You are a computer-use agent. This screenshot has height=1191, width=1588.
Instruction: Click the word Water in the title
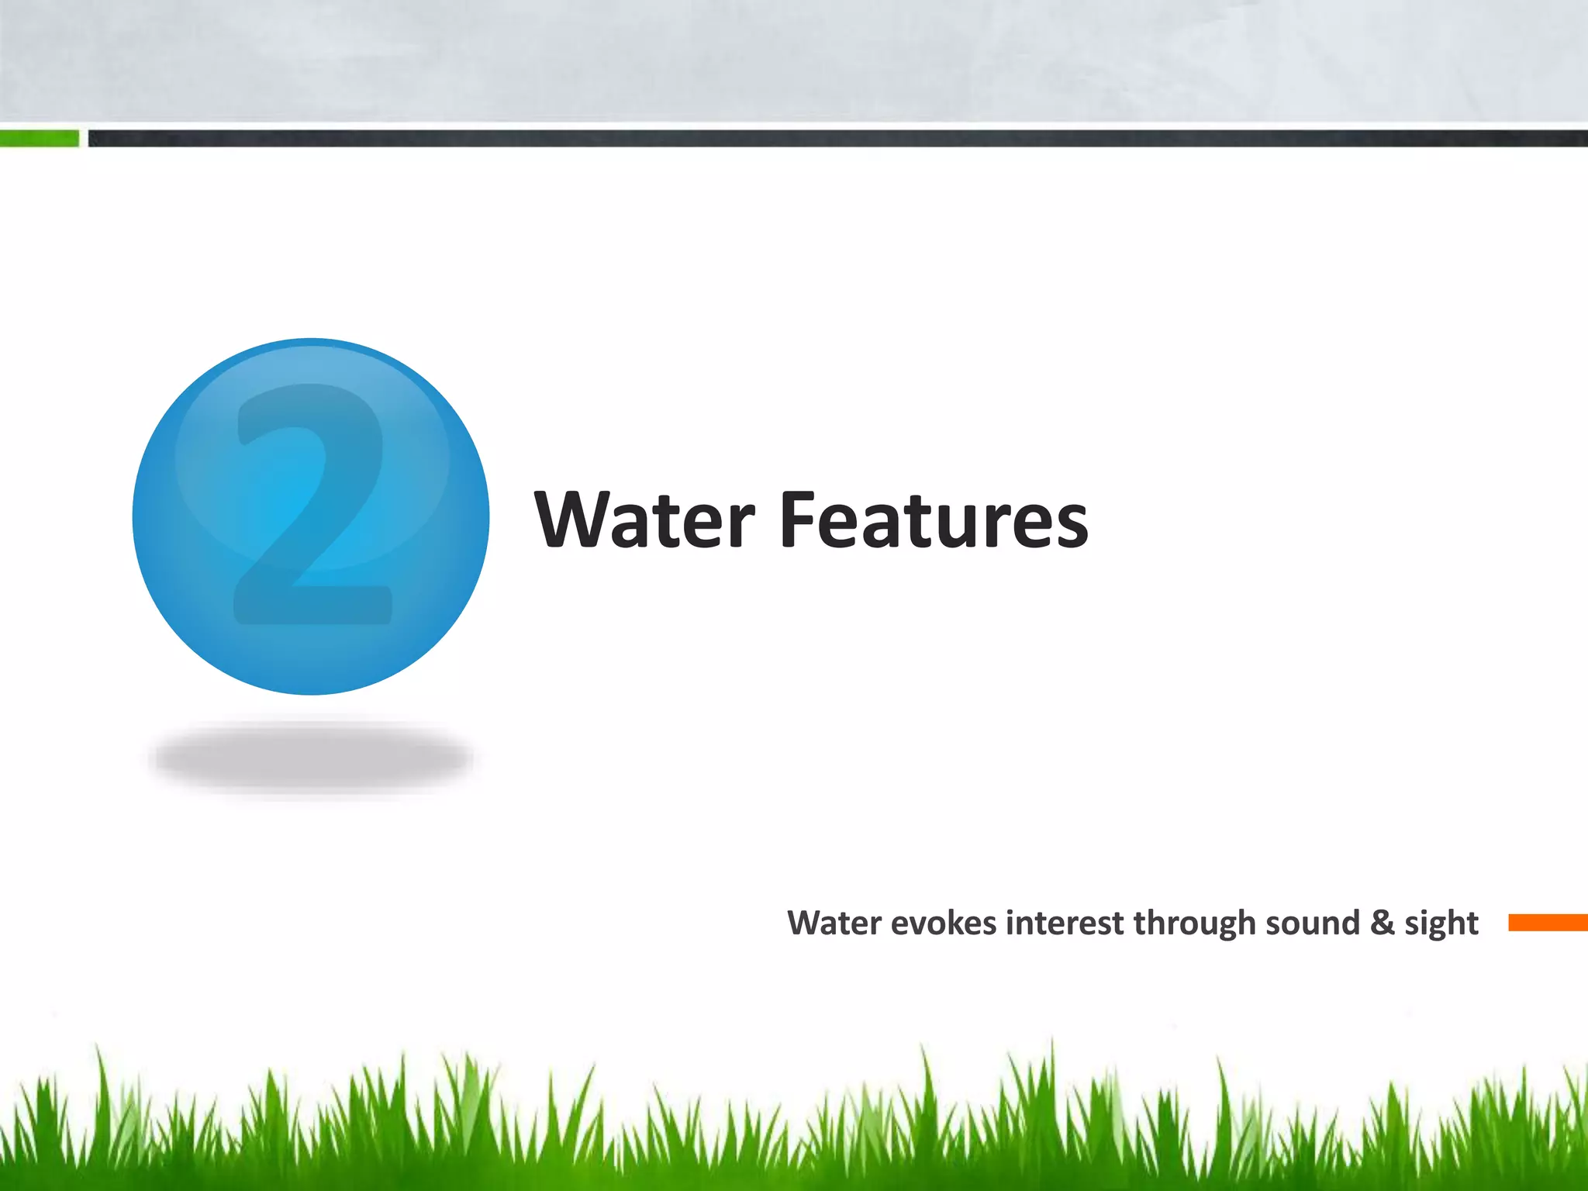click(644, 520)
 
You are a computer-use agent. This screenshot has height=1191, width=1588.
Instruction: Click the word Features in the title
click(934, 520)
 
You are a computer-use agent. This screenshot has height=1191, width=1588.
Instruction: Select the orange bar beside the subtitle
click(1547, 923)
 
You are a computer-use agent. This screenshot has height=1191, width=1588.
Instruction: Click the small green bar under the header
click(39, 139)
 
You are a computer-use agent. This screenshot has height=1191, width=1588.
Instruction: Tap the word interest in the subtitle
click(1065, 923)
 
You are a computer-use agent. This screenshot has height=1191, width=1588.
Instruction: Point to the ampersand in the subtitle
click(1383, 923)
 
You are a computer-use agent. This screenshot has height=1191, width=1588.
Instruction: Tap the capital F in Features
click(799, 520)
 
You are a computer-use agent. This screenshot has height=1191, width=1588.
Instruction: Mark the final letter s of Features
click(1070, 527)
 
